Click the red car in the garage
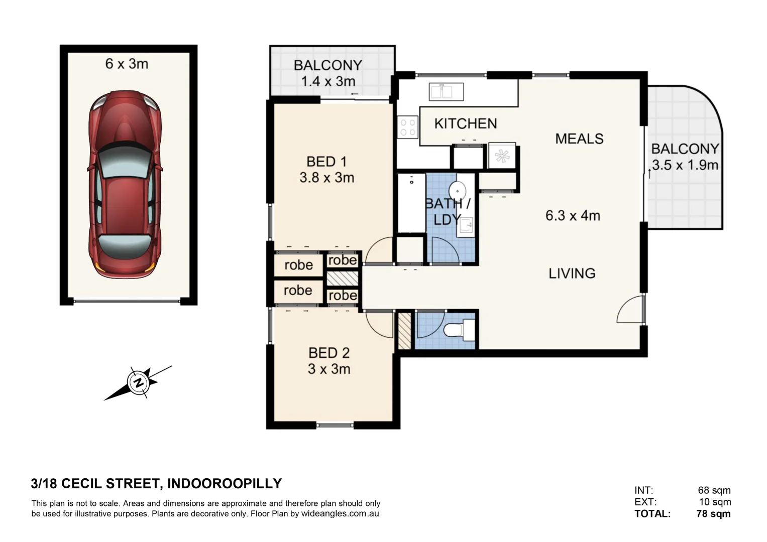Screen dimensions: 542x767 tap(126, 184)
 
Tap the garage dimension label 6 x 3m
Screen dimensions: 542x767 tap(127, 64)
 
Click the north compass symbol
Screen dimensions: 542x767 tap(138, 383)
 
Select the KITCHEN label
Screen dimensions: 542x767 tap(465, 123)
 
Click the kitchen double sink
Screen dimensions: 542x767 tap(446, 92)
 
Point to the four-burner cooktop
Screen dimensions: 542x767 tap(407, 127)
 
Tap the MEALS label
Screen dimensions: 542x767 tap(579, 139)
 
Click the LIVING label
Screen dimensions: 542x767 tap(572, 274)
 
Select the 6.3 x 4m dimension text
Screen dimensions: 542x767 tap(573, 216)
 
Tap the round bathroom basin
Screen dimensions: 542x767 tap(457, 191)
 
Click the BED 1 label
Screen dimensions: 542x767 tap(326, 162)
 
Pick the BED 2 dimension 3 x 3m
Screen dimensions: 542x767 tap(329, 369)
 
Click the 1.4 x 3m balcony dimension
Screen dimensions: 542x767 tap(327, 81)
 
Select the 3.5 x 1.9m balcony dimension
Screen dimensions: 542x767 tap(685, 165)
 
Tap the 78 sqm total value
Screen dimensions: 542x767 tap(713, 513)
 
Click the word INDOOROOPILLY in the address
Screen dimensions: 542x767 tap(224, 483)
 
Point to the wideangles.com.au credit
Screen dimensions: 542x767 tap(340, 513)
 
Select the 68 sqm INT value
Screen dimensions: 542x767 tap(714, 490)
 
